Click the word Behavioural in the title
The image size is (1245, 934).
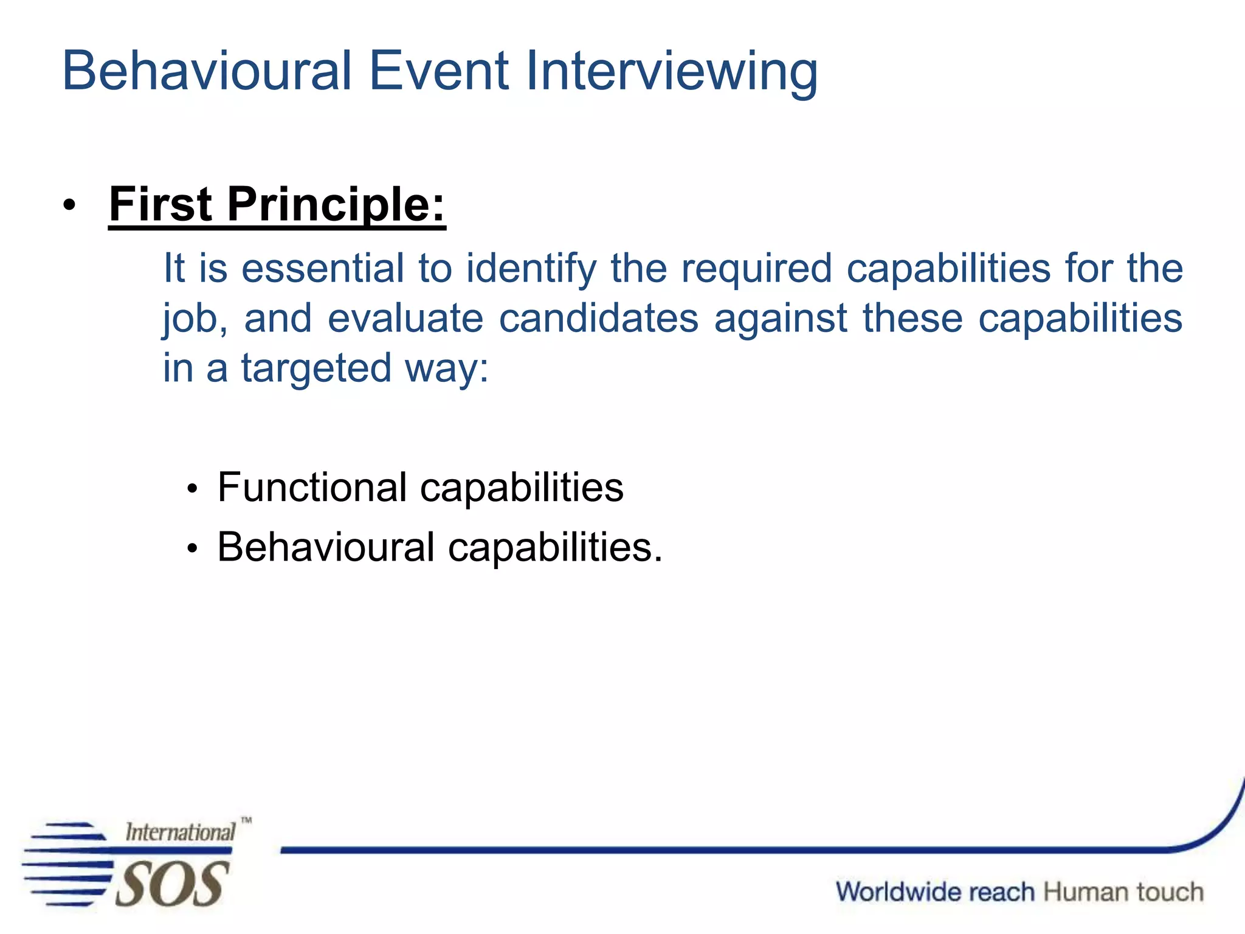(x=207, y=71)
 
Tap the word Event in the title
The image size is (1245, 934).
(x=438, y=71)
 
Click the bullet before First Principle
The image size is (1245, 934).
(x=69, y=206)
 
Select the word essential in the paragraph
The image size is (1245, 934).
(x=323, y=268)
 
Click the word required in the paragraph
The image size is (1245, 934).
(x=756, y=269)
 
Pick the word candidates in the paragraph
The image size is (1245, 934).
(x=598, y=319)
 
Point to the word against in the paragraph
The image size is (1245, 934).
(x=781, y=320)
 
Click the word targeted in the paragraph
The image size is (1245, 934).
(x=316, y=369)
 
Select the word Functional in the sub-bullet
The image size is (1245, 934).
(x=312, y=488)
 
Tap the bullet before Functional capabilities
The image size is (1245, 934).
(x=193, y=489)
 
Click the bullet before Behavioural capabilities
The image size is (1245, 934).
(x=193, y=548)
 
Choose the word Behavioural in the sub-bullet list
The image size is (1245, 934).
(x=326, y=547)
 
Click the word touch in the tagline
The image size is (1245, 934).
(x=1170, y=892)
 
